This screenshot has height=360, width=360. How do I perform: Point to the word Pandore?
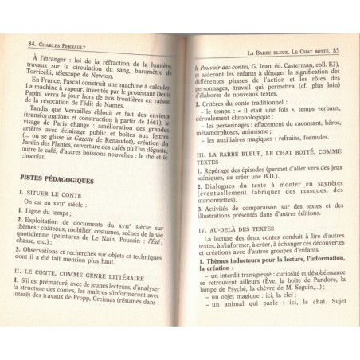[318, 287]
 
